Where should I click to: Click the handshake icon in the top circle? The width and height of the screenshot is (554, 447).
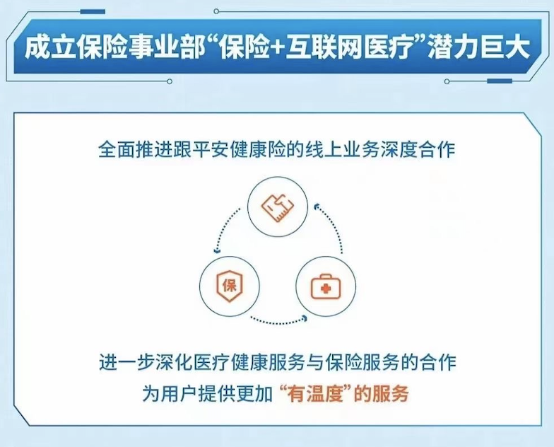[278, 207]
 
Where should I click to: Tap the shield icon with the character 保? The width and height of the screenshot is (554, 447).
[229, 286]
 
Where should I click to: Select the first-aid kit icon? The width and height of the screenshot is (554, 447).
[326, 287]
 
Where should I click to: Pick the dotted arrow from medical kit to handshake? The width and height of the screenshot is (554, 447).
[332, 226]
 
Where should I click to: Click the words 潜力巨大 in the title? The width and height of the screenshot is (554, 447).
[479, 48]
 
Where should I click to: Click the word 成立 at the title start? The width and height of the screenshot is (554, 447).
[49, 48]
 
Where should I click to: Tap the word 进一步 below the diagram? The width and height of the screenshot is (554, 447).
[126, 362]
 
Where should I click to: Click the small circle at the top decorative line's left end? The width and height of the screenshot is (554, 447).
[216, 11]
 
